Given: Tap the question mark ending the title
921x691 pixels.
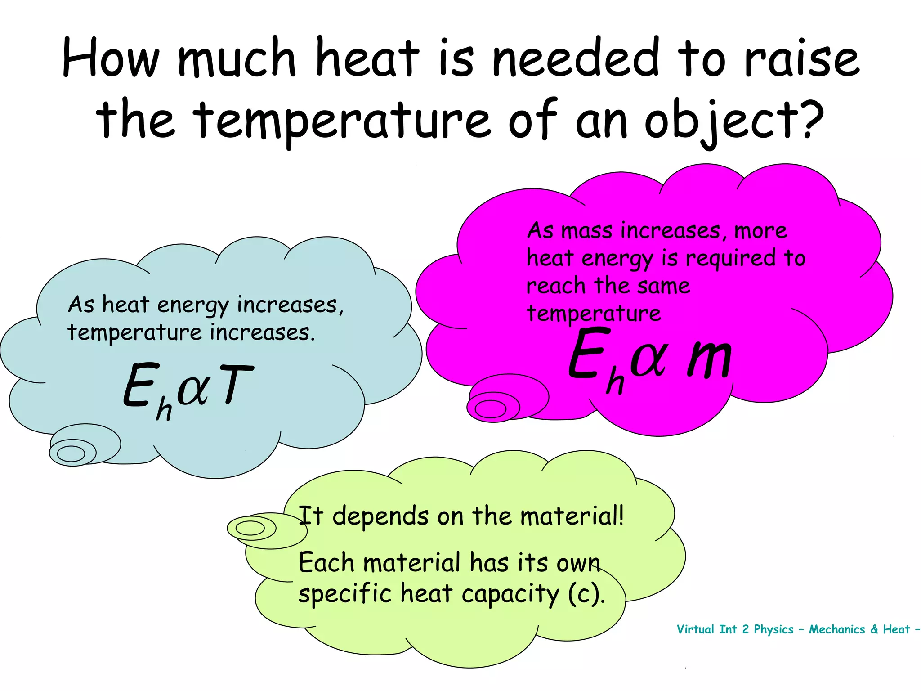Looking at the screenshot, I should (811, 120).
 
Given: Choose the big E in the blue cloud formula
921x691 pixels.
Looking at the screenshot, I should (141, 385).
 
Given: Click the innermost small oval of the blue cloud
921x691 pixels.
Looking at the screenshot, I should (71, 453).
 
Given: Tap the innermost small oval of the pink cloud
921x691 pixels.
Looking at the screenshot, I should (490, 409).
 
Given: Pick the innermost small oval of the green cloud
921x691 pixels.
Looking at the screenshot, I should (250, 528).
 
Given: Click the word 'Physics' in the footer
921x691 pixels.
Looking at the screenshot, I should (773, 629).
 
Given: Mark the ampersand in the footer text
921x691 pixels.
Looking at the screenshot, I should (874, 629).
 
